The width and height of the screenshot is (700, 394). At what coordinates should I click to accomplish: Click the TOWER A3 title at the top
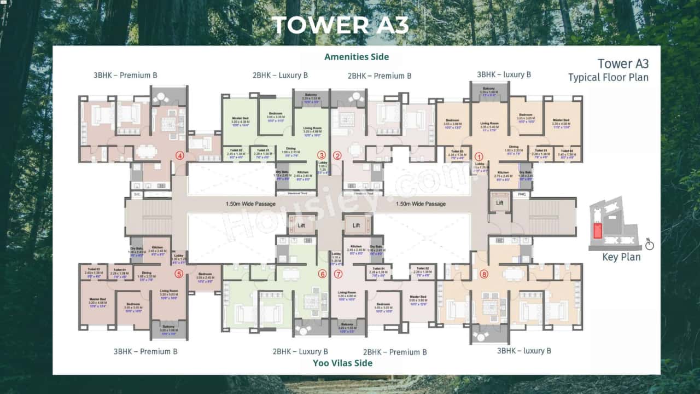tap(340, 25)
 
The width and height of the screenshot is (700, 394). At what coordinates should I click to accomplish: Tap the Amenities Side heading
tap(357, 57)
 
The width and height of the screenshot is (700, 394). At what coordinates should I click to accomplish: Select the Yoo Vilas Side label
tap(342, 363)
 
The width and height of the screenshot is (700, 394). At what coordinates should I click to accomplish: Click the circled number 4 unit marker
tap(179, 155)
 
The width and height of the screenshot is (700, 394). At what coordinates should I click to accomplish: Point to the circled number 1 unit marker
tap(479, 155)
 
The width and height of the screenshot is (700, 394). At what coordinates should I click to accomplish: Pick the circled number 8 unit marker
tap(483, 274)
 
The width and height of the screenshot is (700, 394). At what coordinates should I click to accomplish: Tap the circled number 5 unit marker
tap(179, 274)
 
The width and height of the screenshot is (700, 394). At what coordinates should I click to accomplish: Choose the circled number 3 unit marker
tap(322, 155)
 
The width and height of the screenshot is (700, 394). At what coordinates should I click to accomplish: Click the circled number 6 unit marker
tap(322, 274)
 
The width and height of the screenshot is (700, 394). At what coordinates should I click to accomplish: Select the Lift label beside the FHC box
tap(499, 203)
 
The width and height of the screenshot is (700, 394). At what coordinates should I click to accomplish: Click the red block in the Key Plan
tap(598, 230)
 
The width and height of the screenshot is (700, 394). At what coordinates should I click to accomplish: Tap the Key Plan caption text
tap(621, 257)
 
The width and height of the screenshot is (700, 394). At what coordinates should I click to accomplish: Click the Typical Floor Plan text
tap(608, 77)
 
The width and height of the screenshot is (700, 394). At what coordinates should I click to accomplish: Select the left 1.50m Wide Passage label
tap(250, 204)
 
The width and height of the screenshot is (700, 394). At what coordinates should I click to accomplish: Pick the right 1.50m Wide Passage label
tap(421, 204)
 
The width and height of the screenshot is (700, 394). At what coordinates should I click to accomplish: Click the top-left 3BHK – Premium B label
tap(125, 75)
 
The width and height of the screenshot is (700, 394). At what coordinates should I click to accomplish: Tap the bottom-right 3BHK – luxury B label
tap(523, 351)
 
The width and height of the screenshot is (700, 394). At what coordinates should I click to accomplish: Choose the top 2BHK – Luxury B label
tap(280, 75)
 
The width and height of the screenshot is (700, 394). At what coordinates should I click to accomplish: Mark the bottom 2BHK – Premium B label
tap(395, 352)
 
